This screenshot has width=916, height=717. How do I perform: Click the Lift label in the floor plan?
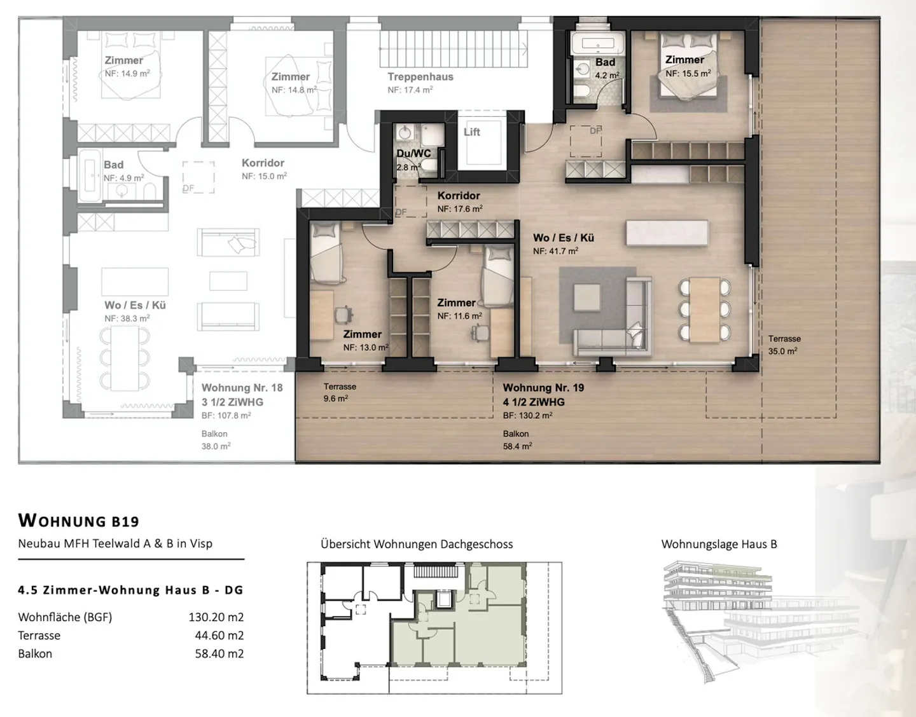(472, 132)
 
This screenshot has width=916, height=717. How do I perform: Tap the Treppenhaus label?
(420, 77)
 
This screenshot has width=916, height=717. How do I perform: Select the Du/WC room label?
(413, 154)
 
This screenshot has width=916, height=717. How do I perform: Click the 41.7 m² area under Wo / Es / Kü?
(555, 251)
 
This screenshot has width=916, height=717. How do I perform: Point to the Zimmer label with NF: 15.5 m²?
(684, 60)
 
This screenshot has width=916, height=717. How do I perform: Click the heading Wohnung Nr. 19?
(543, 388)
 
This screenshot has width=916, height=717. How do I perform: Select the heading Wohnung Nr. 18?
(242, 388)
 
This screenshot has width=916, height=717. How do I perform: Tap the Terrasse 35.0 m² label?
(784, 345)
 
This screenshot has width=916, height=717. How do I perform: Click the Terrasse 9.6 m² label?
(340, 392)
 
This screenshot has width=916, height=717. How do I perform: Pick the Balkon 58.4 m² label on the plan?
(517, 440)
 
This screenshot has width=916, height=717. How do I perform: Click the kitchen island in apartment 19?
(667, 232)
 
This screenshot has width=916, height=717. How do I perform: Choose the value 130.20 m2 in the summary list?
(216, 617)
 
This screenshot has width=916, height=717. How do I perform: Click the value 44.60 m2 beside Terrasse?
(219, 636)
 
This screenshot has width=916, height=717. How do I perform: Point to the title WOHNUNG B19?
(78, 521)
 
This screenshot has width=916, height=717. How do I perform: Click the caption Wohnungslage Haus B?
(719, 544)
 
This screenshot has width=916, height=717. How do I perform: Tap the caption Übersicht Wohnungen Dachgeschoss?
(417, 544)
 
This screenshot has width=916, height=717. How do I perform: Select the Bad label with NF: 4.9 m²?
(114, 165)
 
